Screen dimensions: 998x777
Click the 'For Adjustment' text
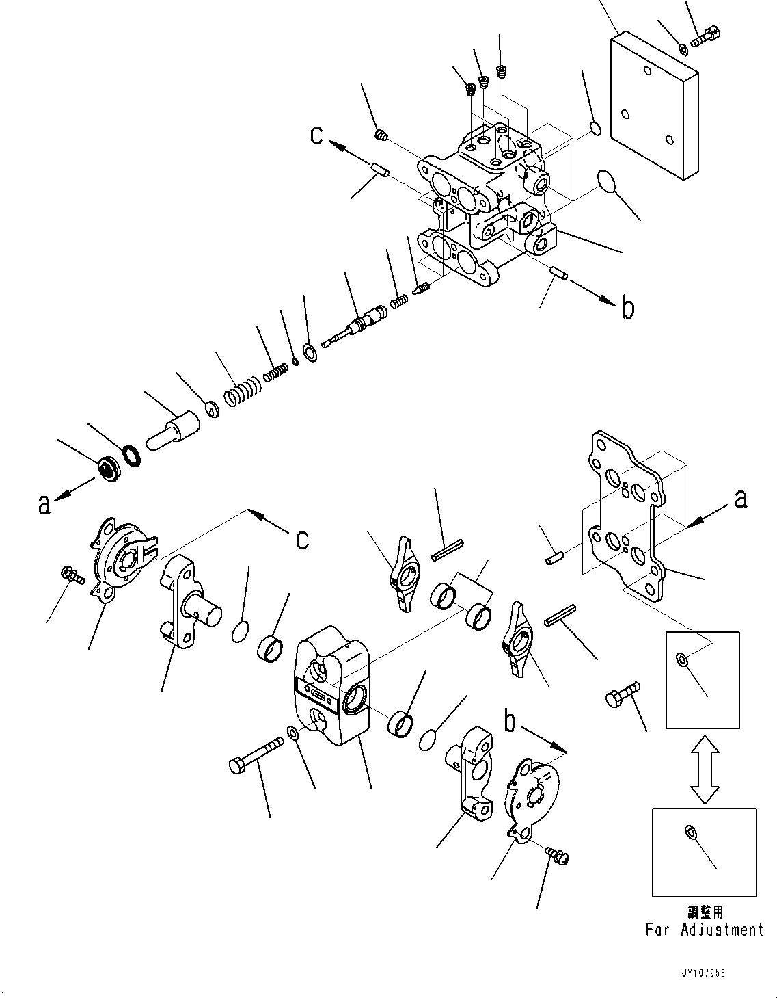click(x=704, y=930)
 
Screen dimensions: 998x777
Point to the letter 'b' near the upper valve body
click(x=627, y=309)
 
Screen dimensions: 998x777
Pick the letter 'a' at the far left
click(x=44, y=505)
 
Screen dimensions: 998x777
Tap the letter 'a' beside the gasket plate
click(x=740, y=500)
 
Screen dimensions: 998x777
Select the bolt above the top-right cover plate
click(x=705, y=35)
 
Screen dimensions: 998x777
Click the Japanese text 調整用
click(x=705, y=912)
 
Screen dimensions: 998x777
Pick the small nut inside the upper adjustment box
click(x=681, y=659)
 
